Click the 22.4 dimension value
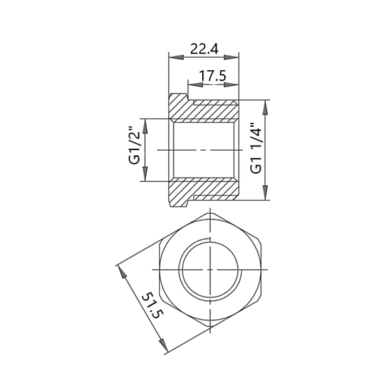tap(203, 49)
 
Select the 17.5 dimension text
tap(213, 75)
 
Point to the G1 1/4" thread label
tap(256, 149)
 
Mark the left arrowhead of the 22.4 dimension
tap(172, 57)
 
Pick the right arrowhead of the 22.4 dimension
tap(235, 57)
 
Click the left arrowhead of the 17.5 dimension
tap(191, 84)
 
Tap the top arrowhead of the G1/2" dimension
tap(146, 123)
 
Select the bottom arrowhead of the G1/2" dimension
tap(146, 177)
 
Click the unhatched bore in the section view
tap(205, 149)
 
